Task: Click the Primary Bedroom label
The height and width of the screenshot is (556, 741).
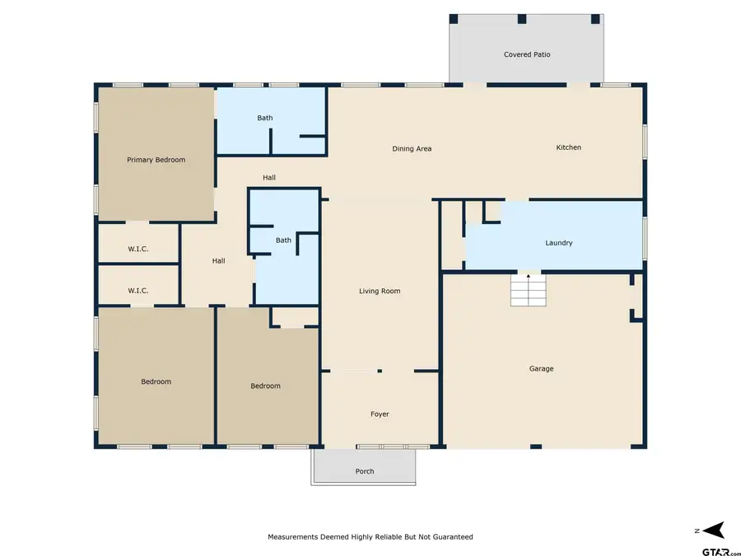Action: [156, 160]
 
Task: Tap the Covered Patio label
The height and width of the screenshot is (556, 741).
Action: [527, 54]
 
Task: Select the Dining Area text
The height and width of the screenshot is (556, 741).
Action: [412, 148]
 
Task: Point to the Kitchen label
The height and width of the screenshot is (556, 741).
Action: [568, 147]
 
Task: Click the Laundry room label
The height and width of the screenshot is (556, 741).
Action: [558, 243]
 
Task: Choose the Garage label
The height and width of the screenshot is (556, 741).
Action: [541, 368]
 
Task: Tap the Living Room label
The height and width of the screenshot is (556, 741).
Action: [380, 291]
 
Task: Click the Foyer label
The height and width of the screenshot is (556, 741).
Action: [379, 413]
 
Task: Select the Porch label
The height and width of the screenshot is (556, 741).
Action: [364, 471]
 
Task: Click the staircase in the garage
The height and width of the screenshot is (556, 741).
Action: [528, 290]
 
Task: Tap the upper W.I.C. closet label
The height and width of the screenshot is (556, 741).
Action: [137, 249]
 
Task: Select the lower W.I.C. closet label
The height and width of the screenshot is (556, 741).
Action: [137, 290]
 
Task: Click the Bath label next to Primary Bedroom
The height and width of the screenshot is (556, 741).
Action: [264, 118]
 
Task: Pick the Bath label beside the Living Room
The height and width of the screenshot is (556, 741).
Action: [283, 240]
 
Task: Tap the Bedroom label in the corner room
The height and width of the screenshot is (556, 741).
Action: [156, 381]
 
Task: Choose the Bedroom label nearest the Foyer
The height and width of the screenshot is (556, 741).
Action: [265, 385]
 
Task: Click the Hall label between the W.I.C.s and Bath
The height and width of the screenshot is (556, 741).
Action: [218, 260]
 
